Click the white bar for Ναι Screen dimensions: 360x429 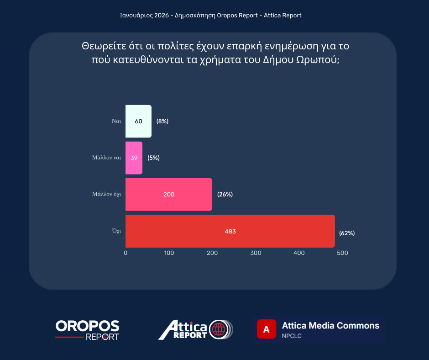click(x=138, y=122)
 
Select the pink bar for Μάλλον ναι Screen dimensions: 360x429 click(x=134, y=158)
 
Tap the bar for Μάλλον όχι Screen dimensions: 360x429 click(x=168, y=195)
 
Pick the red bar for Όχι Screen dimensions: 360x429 click(x=230, y=231)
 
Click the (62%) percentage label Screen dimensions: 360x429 click(x=347, y=233)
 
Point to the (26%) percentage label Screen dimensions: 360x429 click(x=225, y=194)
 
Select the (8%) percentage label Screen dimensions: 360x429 click(x=162, y=121)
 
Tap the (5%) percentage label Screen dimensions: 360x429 click(x=153, y=158)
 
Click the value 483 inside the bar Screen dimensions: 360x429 click(x=230, y=231)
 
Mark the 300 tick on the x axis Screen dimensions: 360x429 click(x=256, y=253)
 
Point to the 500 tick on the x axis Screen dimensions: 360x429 click(x=342, y=253)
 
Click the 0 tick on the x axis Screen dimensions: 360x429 click(x=126, y=253)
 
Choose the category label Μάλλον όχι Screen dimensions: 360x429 click(x=106, y=194)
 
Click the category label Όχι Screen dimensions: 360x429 click(x=116, y=231)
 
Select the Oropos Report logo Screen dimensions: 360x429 click(x=87, y=330)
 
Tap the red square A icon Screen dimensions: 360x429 click(x=267, y=329)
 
